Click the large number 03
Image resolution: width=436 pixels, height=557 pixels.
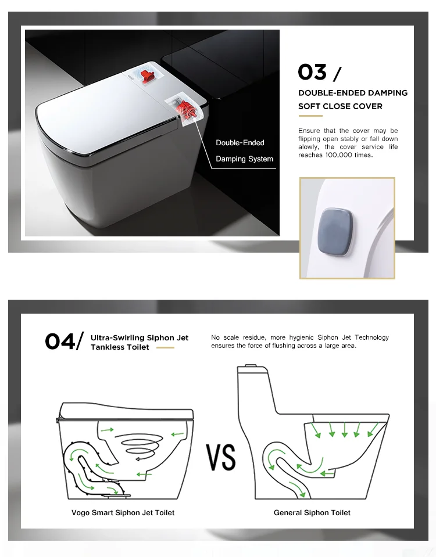click(x=312, y=73)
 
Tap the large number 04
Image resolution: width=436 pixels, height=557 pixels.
click(x=60, y=342)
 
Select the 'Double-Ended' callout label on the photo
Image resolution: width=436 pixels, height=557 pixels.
click(x=240, y=143)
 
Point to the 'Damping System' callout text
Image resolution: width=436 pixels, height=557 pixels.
click(x=244, y=159)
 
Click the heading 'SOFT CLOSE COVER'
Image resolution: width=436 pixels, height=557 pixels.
click(x=340, y=106)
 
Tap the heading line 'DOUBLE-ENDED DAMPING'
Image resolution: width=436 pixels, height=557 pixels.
click(x=352, y=93)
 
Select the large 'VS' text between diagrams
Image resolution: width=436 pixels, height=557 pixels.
click(x=221, y=457)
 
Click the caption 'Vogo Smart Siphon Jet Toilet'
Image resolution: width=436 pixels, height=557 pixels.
click(x=123, y=513)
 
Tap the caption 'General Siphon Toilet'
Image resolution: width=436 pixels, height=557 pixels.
click(x=312, y=513)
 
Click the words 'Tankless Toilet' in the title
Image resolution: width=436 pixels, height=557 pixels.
click(x=120, y=347)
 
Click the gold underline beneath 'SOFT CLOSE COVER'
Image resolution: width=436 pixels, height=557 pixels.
click(x=310, y=116)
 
